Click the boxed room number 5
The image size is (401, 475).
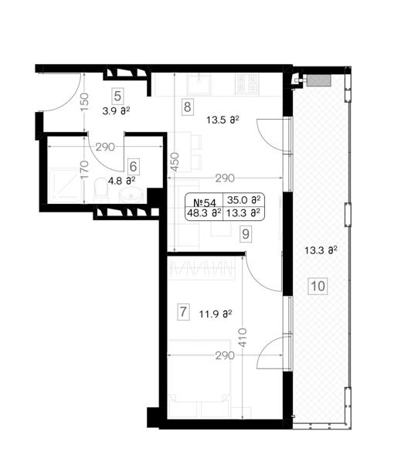pos(117,97)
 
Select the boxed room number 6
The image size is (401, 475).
pos(133,166)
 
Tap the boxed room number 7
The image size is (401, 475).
pos(183,312)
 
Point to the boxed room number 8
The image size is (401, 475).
pos(188,107)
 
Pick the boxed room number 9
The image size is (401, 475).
pos(246,234)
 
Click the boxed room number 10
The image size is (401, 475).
pos(318,286)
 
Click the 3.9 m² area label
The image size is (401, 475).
pos(116,111)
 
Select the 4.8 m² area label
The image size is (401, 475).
pos(121,182)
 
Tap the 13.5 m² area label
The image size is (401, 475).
pos(223,120)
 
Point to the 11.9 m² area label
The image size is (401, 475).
pos(216,314)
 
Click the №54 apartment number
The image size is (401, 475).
pos(205,201)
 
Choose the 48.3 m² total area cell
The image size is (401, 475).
pos(204,212)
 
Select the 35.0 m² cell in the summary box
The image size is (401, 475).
pos(243,200)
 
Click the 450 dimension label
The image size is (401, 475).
pos(176,162)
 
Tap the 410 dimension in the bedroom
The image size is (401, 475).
pos(243,338)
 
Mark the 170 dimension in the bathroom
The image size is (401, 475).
pos(85,169)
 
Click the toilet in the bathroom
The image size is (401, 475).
pos(101,190)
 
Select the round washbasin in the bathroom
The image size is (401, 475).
pos(131,195)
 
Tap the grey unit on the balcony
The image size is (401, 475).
pos(318,80)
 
